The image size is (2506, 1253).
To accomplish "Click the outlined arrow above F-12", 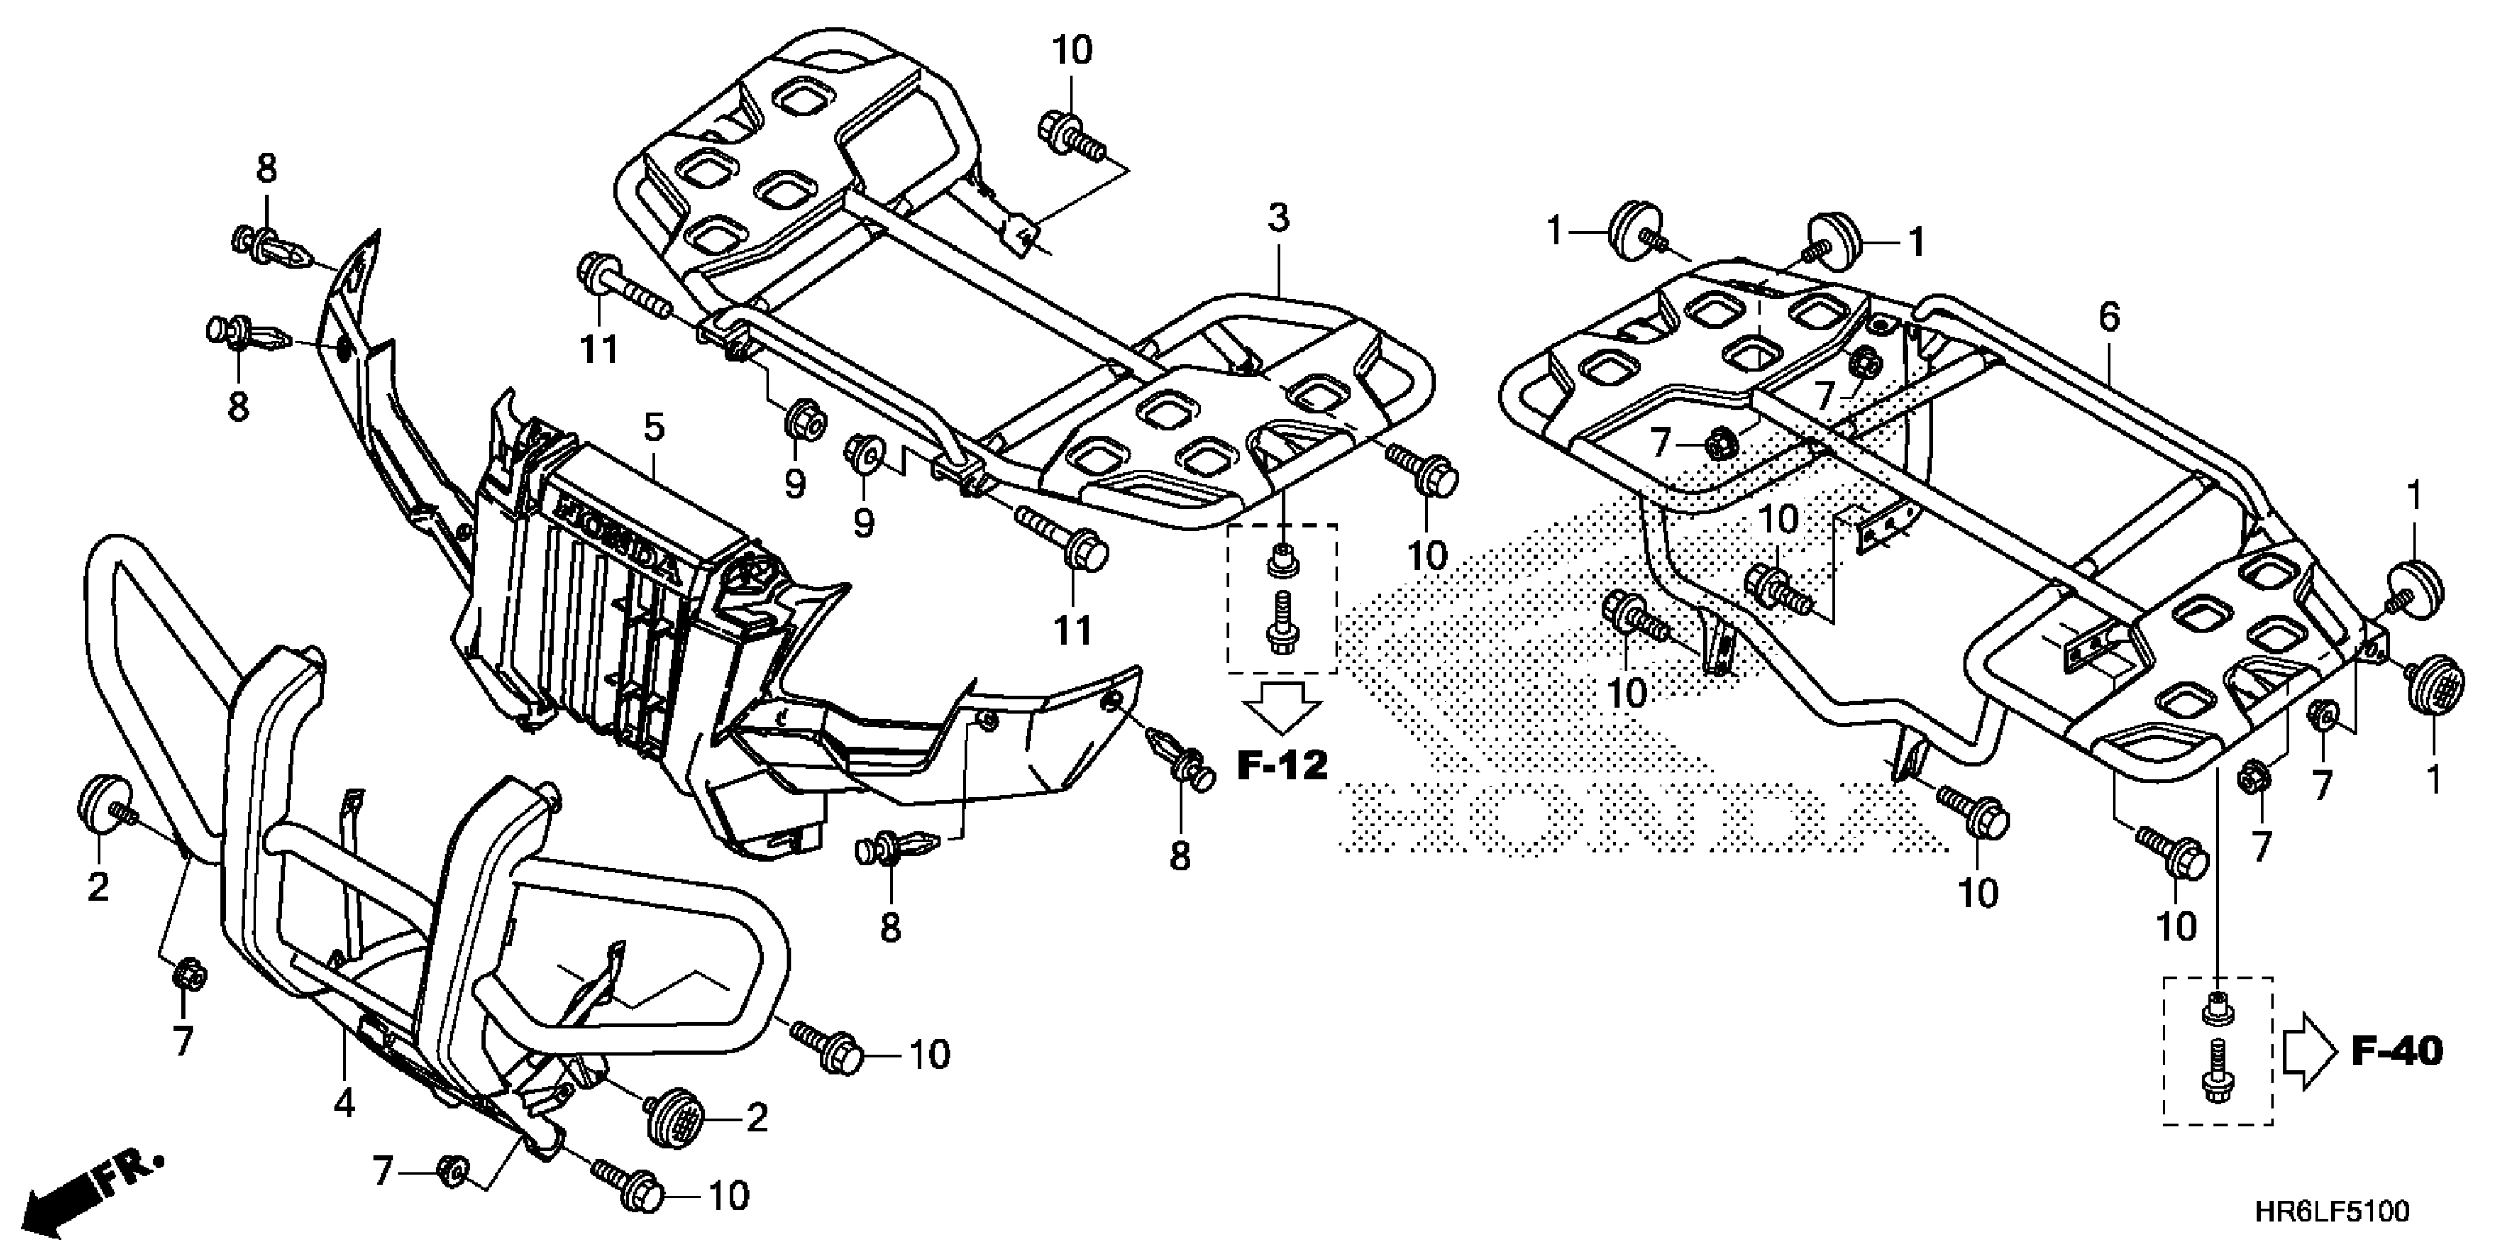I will pos(1283,708).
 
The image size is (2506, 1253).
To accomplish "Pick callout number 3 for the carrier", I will pos(1278,218).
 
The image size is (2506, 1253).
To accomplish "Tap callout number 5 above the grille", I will pos(654,426).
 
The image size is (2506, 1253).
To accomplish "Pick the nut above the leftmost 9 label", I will pos(806,422).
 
